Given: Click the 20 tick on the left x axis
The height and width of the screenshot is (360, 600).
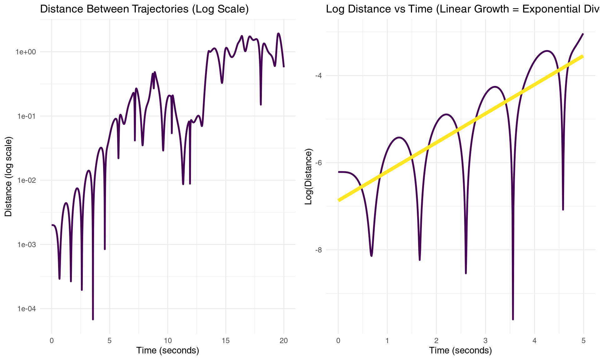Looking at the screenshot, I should click(284, 341).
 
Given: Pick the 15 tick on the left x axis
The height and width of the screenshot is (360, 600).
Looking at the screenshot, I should click(226, 341).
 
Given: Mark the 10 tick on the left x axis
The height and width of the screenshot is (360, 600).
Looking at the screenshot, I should click(167, 341).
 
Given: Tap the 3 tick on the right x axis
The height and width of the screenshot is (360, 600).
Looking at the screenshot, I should click(485, 341).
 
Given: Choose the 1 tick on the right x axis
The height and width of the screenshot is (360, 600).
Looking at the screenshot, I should click(387, 341).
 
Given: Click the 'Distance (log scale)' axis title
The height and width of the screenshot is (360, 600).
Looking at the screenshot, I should click(8, 177).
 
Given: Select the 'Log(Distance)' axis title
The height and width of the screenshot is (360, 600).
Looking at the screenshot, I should click(308, 177).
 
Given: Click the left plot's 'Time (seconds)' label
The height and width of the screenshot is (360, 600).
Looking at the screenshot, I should click(167, 351).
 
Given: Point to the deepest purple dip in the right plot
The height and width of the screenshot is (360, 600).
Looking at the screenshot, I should click(513, 319).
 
